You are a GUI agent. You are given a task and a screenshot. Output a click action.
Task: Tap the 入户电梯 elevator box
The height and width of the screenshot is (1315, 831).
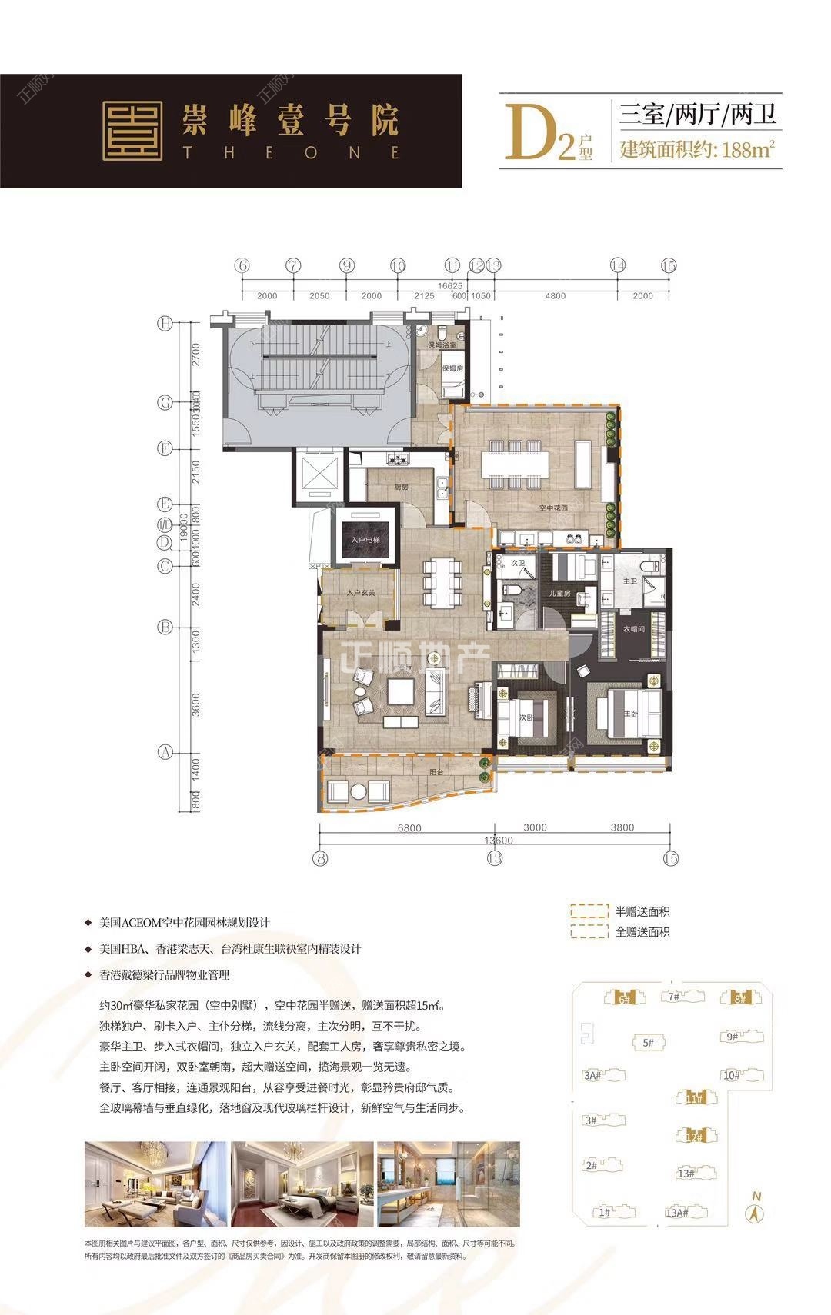[365, 540]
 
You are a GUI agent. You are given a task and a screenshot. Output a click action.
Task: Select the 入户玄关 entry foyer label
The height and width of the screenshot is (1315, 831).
[360, 593]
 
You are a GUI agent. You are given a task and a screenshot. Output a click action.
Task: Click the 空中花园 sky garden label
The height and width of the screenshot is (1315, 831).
[552, 508]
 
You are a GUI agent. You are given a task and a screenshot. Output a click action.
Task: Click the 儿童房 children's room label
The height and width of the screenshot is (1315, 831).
[559, 593]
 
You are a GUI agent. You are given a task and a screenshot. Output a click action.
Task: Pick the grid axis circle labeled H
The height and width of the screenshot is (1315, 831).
[165, 324]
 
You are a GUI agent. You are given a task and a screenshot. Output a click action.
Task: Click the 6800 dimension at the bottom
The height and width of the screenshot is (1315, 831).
[409, 827]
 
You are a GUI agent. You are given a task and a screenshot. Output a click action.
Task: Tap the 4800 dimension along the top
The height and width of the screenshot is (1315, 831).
[555, 295]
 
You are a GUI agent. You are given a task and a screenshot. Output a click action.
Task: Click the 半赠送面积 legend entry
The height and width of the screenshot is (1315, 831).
[642, 912]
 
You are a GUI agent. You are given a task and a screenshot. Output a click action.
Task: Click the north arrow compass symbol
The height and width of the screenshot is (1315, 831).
[756, 1212]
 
